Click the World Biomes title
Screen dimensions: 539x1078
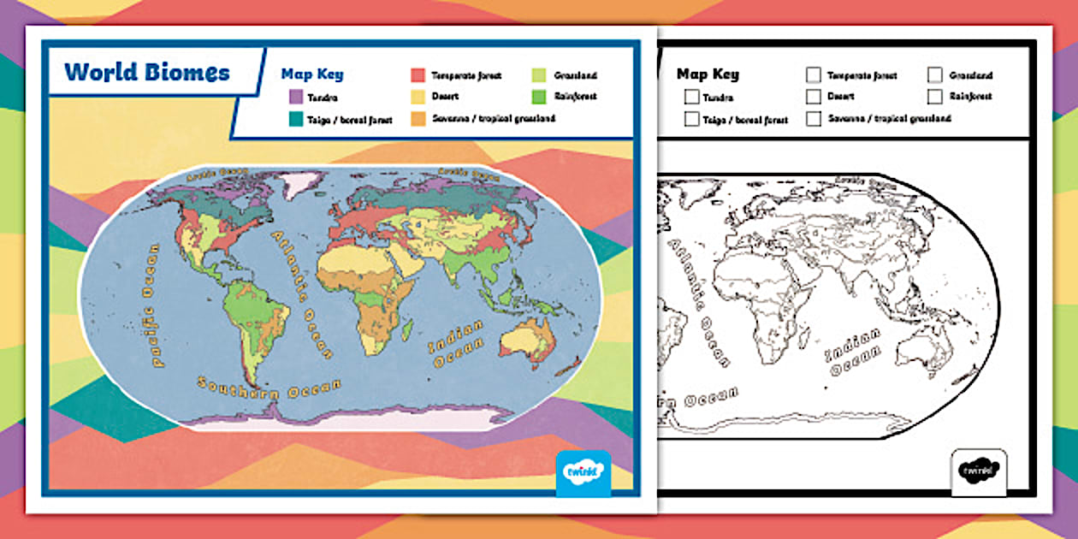147,72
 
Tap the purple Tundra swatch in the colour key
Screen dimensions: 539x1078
296,98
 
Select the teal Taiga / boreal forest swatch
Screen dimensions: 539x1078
296,120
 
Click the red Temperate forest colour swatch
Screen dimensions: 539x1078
418,75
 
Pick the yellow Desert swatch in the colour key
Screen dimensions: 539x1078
418,97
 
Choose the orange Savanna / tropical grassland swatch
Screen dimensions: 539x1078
418,118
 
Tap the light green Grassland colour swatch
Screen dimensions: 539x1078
539,75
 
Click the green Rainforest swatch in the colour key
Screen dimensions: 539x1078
539,97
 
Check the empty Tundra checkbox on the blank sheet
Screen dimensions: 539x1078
691,98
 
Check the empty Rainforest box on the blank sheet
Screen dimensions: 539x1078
935,97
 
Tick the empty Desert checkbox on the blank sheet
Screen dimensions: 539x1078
813,97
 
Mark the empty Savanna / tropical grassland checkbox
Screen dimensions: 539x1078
813,118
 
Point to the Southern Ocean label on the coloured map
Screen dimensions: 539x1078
269,394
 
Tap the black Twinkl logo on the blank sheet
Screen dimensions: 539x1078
979,471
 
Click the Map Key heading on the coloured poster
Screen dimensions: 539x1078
312,74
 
